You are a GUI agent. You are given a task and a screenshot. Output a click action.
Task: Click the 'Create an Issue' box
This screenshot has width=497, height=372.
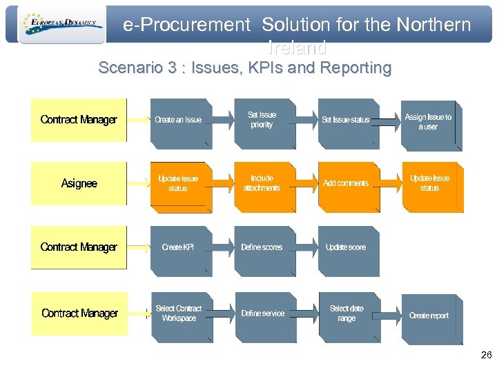tap(178, 121)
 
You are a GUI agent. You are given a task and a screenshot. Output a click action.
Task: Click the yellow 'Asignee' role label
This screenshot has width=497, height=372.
tap(79, 183)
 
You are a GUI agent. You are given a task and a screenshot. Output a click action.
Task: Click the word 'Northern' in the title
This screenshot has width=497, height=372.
tap(433, 25)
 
